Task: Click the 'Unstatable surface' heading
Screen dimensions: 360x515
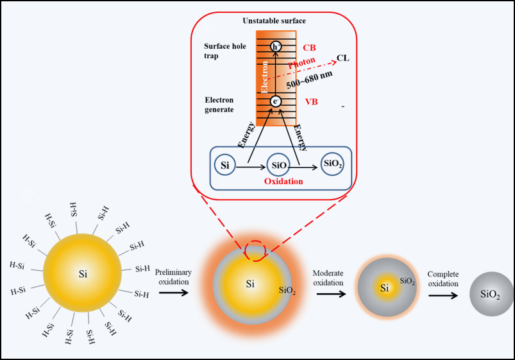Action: [x=274, y=21]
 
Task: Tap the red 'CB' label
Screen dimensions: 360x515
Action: [x=309, y=47]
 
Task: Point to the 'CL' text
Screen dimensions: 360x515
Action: [x=344, y=59]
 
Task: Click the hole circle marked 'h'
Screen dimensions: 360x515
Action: [x=276, y=46]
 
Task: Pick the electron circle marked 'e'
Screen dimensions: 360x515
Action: [x=276, y=101]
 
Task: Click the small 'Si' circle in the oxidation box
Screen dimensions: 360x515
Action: [x=225, y=166]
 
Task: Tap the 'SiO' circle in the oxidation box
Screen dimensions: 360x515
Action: [x=278, y=166]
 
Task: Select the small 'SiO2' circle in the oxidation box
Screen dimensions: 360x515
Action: [x=332, y=164]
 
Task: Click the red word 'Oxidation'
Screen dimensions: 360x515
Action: [x=283, y=182]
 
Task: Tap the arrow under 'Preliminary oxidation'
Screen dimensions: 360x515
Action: [x=173, y=292]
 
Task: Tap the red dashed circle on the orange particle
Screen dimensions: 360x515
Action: [x=255, y=250]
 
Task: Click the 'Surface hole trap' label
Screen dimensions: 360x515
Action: [x=220, y=51]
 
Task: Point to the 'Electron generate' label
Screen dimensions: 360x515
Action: [x=219, y=105]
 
